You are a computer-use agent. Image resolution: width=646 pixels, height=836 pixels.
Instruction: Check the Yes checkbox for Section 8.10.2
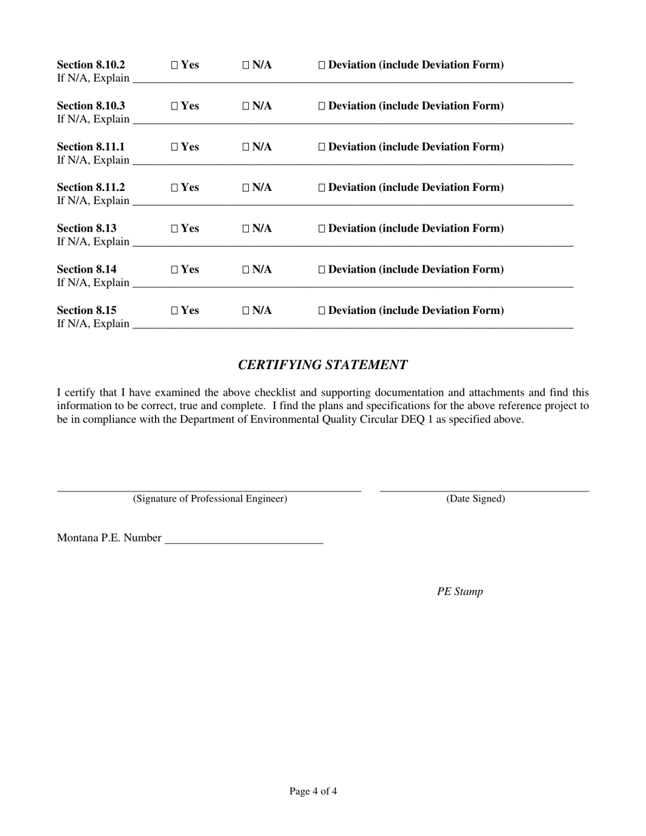175,65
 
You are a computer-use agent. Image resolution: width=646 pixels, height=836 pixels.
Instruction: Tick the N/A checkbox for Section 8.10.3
246,106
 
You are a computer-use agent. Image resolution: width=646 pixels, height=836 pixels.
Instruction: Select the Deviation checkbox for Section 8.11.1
322,147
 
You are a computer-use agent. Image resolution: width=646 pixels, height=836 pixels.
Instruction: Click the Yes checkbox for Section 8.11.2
175,188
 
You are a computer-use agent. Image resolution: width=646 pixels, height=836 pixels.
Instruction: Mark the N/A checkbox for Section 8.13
246,228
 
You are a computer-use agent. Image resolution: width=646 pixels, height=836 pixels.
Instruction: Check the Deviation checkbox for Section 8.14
322,270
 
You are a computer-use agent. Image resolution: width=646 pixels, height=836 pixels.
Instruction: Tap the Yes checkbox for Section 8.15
175,311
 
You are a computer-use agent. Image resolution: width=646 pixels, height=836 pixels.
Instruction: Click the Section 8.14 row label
87,269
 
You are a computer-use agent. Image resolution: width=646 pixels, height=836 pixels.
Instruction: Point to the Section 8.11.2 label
91,188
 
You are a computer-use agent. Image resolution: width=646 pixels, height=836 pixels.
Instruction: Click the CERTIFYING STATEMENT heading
322,365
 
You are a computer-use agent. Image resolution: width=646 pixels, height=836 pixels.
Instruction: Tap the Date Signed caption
475,499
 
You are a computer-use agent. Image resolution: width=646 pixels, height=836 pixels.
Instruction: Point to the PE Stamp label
460,591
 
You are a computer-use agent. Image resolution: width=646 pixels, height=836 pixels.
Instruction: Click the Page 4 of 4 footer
313,791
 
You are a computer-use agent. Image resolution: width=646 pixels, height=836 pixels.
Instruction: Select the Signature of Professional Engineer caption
210,499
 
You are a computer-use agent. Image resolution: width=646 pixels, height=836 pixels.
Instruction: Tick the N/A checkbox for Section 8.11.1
246,147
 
